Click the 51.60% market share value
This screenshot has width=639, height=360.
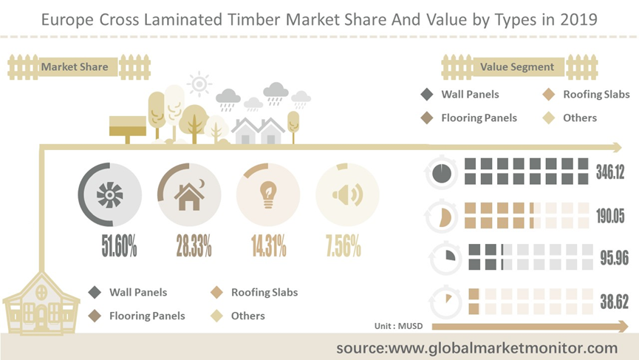point(119,245)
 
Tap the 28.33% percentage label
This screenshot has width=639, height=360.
point(194,245)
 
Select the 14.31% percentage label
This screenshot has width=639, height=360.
point(269,245)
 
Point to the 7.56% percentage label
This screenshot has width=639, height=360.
point(344,245)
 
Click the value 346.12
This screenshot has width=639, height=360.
point(610,172)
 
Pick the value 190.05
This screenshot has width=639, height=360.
point(610,216)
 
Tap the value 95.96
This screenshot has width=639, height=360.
point(614,258)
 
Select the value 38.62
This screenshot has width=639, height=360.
point(614,302)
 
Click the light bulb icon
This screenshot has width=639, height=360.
point(268,195)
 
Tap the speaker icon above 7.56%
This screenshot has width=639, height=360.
point(348,194)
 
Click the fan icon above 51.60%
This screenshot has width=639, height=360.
point(109,195)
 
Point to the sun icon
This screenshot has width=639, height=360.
point(199,84)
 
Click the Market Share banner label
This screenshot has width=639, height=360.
point(75,67)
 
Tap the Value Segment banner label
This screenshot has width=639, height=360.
point(517,67)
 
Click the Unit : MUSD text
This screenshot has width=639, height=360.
point(399,326)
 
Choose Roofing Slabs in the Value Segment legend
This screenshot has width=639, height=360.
point(596,95)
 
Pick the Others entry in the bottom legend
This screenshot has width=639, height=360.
point(247,316)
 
